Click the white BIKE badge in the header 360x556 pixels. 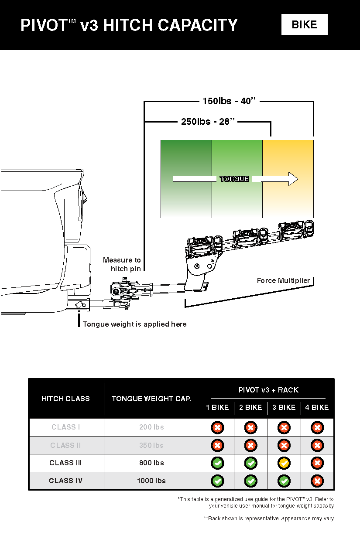click(304, 24)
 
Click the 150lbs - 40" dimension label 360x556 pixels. click(229, 101)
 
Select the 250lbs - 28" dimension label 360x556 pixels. click(208, 122)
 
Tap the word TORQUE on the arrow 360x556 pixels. click(234, 179)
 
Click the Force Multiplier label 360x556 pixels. click(283, 280)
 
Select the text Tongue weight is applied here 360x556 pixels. click(134, 324)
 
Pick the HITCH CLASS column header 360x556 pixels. click(65, 399)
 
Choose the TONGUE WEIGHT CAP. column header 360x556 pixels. click(151, 399)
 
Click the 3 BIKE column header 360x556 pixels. click(284, 407)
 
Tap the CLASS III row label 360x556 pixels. click(65, 463)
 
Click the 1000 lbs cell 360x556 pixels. click(151, 481)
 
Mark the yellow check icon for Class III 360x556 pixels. click(284, 463)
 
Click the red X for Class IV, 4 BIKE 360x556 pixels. click(317, 481)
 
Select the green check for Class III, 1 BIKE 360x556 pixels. click(217, 463)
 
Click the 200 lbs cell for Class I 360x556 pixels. click(151, 427)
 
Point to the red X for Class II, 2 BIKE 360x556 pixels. click(250, 445)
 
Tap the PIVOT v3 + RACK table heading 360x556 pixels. click(268, 390)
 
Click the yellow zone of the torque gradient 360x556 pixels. click(288, 157)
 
